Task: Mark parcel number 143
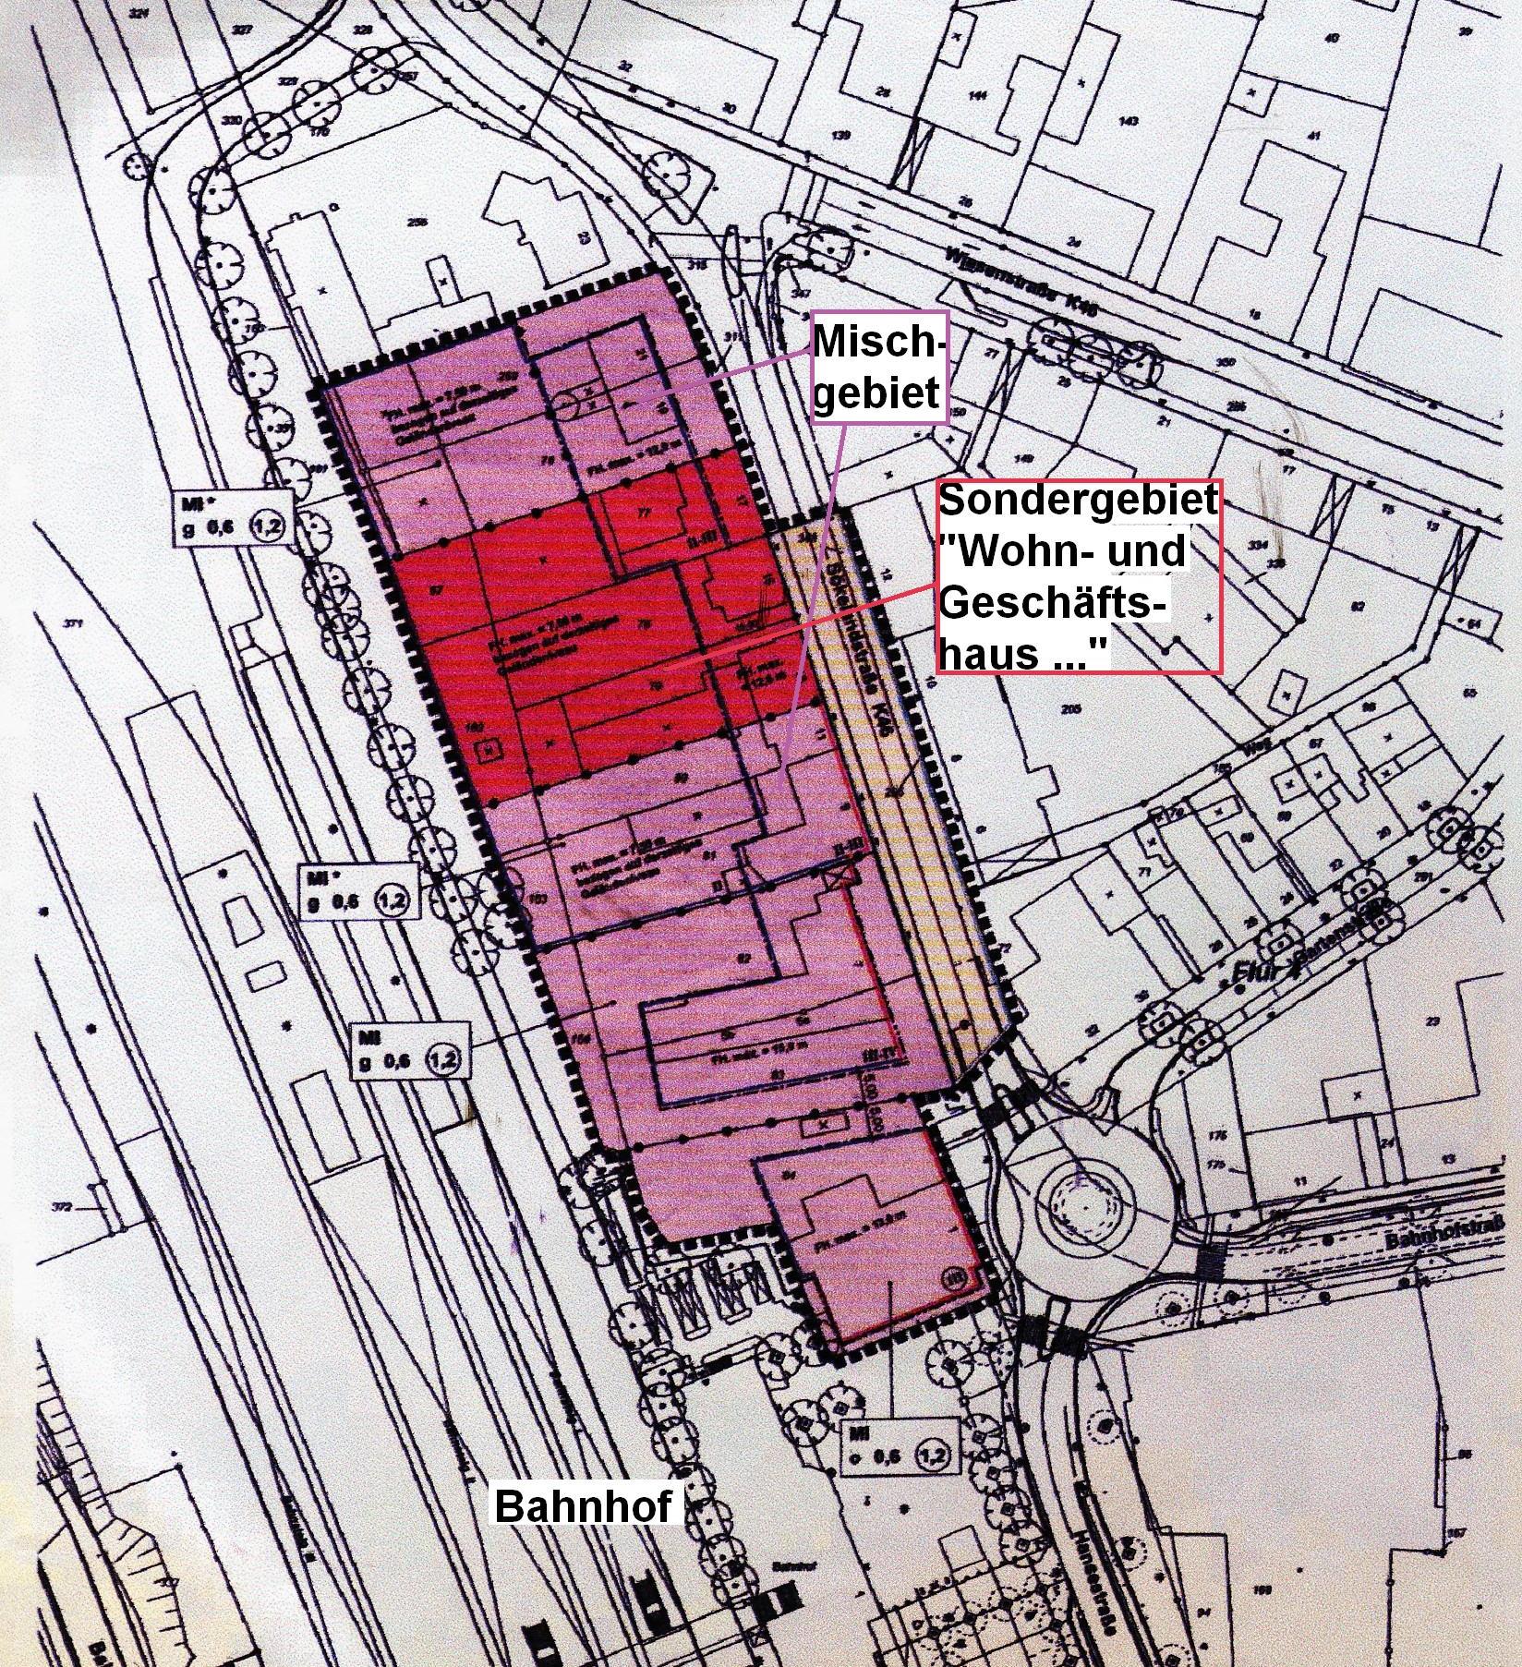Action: (1128, 122)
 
